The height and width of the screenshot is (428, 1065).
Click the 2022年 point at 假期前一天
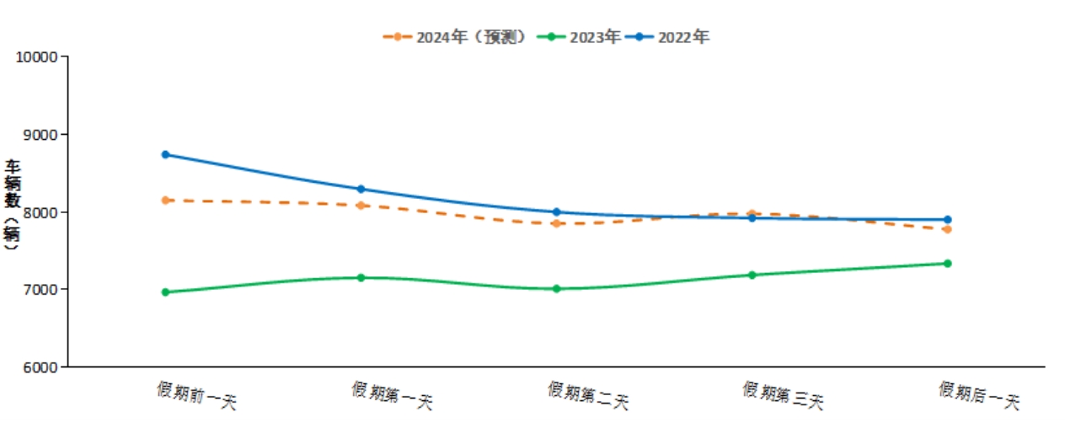165,154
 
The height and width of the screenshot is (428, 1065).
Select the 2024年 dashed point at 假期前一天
165,200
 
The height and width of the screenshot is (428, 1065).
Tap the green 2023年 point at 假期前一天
165,292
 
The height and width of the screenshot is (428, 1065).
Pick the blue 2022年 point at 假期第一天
361,189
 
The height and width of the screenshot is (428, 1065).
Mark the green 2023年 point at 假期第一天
361,277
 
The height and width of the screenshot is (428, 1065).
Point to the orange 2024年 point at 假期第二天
556,223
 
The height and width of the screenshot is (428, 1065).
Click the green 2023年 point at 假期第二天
556,288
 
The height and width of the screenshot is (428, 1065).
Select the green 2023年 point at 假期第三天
752,275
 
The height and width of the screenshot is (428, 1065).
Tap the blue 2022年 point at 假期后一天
947,220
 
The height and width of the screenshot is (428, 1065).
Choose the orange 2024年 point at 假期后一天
947,229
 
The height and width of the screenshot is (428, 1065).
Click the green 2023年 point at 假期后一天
947,263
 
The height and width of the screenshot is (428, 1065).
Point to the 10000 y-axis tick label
36,57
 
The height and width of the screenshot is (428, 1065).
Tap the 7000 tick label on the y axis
40,290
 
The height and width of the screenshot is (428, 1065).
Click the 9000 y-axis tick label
40,135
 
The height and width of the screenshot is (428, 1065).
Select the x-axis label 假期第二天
587,395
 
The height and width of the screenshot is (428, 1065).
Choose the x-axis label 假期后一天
978,395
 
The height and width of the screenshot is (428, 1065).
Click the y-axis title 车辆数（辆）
12,205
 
